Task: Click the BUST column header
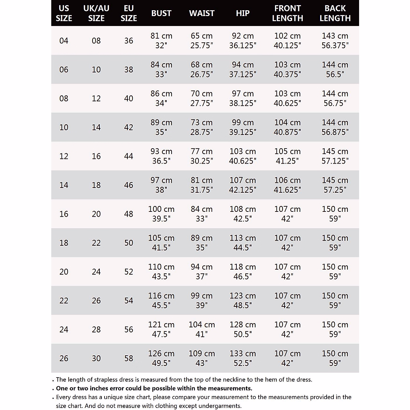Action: click(x=161, y=13)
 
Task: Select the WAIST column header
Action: click(x=202, y=13)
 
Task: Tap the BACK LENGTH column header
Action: click(x=335, y=13)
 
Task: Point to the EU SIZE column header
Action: click(x=129, y=13)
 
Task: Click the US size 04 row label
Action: click(x=64, y=41)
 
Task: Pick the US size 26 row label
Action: click(x=64, y=358)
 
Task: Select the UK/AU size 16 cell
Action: click(x=96, y=156)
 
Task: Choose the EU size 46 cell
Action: click(x=129, y=185)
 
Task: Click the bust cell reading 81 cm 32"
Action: click(x=161, y=41)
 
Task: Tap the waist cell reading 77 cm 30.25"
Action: click(x=202, y=156)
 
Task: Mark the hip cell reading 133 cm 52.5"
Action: click(x=243, y=358)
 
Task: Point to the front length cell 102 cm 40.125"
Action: click(x=287, y=41)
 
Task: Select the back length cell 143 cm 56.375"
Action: click(x=335, y=41)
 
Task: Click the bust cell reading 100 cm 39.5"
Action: click(x=161, y=214)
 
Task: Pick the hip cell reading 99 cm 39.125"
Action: click(x=243, y=127)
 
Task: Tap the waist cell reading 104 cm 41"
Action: click(x=202, y=329)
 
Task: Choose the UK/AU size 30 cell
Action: click(x=96, y=358)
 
